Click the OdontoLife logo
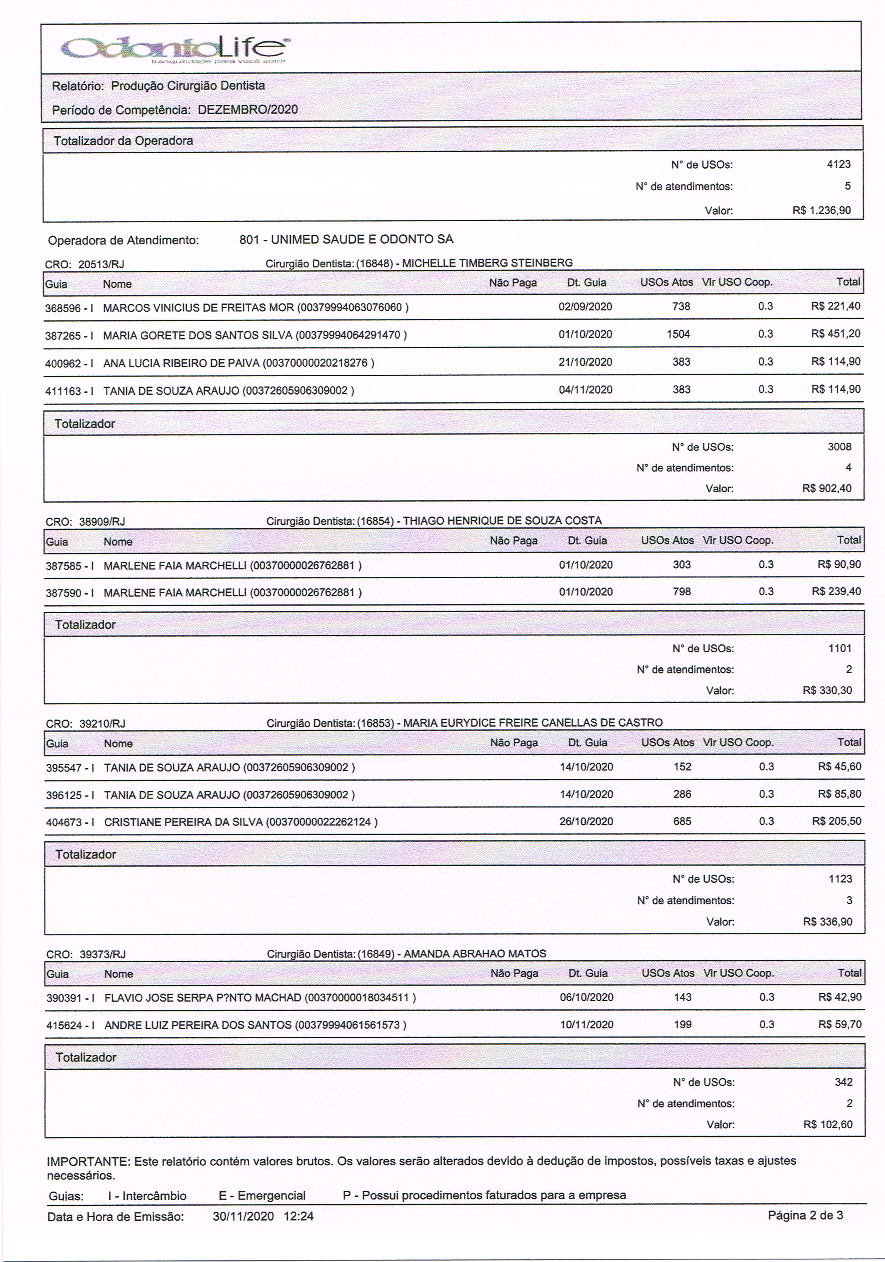point(175,48)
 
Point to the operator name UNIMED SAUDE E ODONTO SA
point(362,240)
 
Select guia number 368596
point(63,308)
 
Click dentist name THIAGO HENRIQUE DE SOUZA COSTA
point(503,521)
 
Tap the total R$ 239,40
point(836,592)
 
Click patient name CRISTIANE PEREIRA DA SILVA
point(184,822)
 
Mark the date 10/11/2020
point(587,1025)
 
